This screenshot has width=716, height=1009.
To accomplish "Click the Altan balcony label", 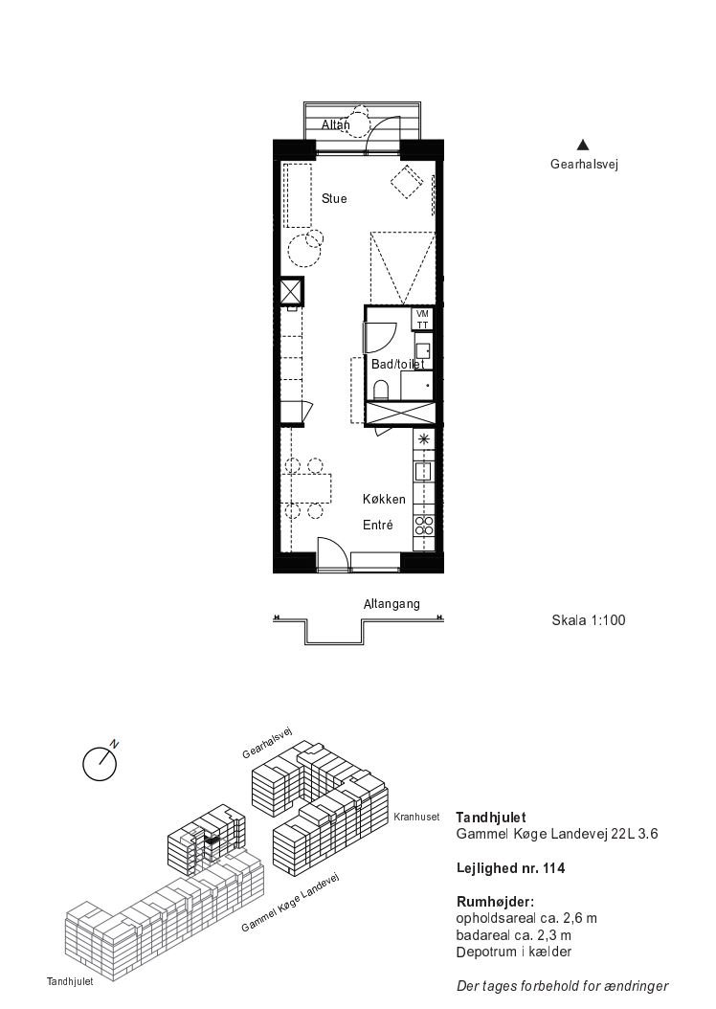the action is click(x=335, y=124).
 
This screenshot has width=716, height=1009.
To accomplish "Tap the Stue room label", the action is click(x=334, y=199).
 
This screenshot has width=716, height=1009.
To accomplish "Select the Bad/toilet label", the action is click(x=397, y=364).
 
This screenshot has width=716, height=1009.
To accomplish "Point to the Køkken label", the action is click(x=384, y=500).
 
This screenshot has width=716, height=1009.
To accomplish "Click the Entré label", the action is click(x=377, y=526).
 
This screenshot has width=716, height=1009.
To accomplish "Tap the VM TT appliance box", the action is click(x=423, y=319).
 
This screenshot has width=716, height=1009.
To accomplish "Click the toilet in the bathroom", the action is click(x=381, y=390).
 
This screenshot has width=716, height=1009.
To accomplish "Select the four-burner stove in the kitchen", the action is click(x=423, y=526).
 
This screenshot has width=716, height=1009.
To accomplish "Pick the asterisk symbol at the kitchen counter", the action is click(x=423, y=440).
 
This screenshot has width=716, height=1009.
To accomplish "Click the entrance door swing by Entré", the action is click(x=333, y=553).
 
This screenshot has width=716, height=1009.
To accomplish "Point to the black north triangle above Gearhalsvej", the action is click(x=583, y=145).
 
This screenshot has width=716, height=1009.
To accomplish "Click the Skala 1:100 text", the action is click(x=588, y=620).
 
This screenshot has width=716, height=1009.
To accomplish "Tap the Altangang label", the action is click(x=392, y=604).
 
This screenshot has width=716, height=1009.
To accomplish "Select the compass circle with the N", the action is click(x=100, y=765).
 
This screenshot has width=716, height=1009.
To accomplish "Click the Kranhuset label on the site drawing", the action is click(x=416, y=817).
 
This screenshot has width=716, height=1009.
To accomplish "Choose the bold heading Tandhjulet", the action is click(x=491, y=818).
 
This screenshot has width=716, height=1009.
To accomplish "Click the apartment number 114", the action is click(x=554, y=868).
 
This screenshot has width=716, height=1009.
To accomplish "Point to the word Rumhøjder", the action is click(x=495, y=902).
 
